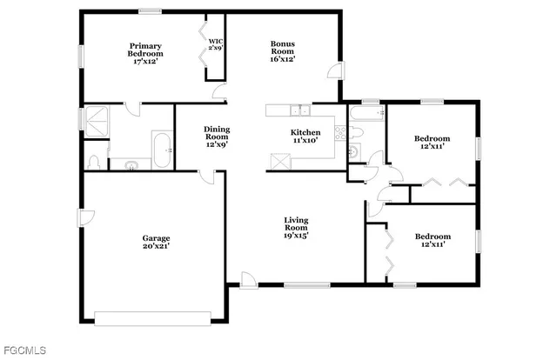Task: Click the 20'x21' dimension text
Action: point(157,246)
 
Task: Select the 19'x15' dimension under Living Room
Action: point(296,235)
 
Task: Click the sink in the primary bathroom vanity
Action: point(131,164)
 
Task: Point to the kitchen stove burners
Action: point(340,133)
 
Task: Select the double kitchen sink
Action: point(300,110)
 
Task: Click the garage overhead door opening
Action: point(152,318)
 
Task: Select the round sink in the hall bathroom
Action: point(353,153)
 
